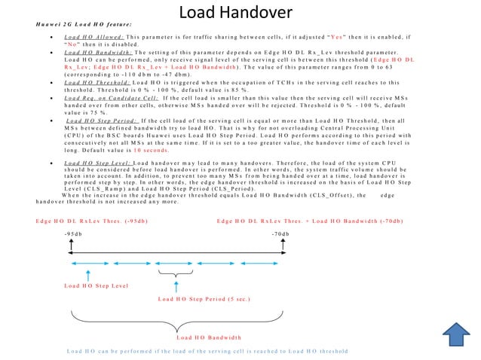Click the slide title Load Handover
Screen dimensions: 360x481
coord(237,13)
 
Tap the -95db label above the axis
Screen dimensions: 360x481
coord(72,234)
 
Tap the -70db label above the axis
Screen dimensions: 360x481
coord(280,234)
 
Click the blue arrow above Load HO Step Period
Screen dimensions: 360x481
coord(176,285)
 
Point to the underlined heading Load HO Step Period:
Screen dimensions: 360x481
coord(102,119)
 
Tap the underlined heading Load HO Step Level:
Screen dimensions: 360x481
coord(97,162)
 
